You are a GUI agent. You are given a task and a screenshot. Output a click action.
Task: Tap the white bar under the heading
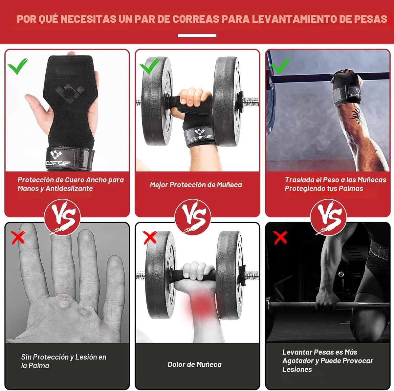[197, 35]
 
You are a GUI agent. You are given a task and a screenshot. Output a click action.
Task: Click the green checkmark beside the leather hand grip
[18, 66]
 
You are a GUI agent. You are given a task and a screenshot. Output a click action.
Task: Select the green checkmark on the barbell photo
[280, 66]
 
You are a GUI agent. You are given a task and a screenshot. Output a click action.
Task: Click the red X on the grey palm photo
[18, 238]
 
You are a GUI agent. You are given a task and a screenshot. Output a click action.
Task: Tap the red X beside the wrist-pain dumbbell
[150, 238]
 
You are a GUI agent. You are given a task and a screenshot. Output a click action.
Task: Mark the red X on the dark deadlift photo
[280, 238]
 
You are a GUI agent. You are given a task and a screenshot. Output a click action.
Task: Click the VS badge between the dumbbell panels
[193, 217]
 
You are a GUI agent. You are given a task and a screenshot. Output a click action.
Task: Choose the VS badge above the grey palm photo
[62, 217]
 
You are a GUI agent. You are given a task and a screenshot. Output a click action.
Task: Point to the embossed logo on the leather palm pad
[70, 93]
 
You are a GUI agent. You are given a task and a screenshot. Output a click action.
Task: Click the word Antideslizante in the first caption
[69, 189]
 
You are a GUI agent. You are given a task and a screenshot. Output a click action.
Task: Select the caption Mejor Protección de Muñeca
[196, 185]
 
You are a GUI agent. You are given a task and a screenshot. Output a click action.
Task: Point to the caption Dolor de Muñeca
[194, 365]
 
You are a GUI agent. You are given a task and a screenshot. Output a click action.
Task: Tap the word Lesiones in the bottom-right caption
[297, 370]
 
